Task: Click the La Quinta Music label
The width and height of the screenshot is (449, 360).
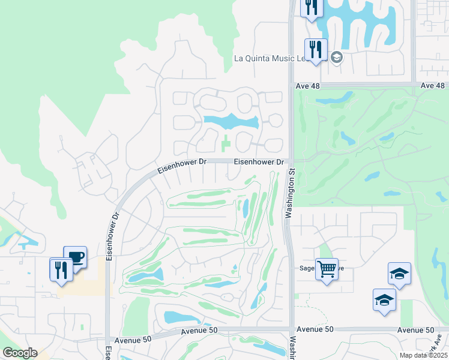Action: pyautogui.click(x=270, y=58)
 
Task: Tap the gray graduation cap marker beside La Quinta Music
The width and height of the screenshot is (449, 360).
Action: pyautogui.click(x=336, y=58)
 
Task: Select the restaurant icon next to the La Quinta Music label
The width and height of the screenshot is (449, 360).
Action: pyautogui.click(x=315, y=50)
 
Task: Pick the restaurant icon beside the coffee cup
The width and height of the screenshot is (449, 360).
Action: pyautogui.click(x=61, y=269)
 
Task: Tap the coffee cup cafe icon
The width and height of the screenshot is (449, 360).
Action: pyautogui.click(x=75, y=257)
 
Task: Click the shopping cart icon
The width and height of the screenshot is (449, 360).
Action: pyautogui.click(x=327, y=269)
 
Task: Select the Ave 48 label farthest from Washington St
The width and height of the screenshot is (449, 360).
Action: pyautogui.click(x=433, y=86)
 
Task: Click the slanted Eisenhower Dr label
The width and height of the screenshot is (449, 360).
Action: pyautogui.click(x=179, y=166)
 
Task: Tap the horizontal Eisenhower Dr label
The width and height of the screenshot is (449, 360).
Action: pyautogui.click(x=258, y=162)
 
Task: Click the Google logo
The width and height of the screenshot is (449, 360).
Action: pyautogui.click(x=20, y=353)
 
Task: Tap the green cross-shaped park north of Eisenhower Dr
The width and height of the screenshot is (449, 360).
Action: pyautogui.click(x=226, y=143)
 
